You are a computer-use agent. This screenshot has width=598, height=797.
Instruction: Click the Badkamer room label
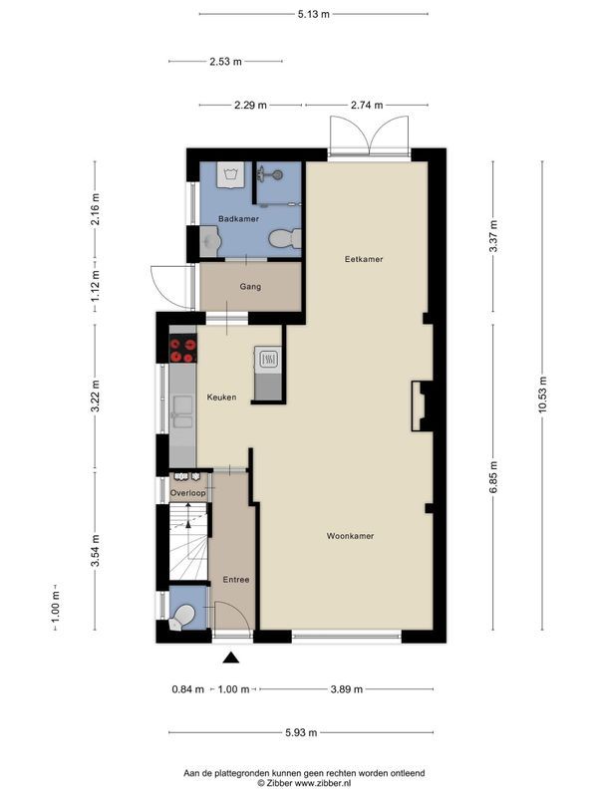(239, 218)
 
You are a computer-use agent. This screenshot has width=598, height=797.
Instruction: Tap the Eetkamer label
(364, 259)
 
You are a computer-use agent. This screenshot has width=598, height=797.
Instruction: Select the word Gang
(250, 287)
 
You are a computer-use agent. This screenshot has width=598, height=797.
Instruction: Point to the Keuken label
(221, 398)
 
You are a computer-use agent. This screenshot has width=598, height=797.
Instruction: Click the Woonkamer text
(350, 536)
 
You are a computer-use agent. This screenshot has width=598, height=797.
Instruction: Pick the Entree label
(236, 579)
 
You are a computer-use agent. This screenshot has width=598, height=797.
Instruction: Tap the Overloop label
(187, 493)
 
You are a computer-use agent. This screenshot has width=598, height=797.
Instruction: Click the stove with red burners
(182, 349)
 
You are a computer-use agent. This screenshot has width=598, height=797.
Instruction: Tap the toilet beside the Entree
(181, 618)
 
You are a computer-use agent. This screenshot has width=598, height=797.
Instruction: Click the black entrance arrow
(231, 658)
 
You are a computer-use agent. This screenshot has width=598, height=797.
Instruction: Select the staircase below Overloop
(187, 542)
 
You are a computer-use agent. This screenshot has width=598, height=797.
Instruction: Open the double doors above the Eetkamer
(369, 134)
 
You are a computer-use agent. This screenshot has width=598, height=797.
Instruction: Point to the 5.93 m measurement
(299, 732)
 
